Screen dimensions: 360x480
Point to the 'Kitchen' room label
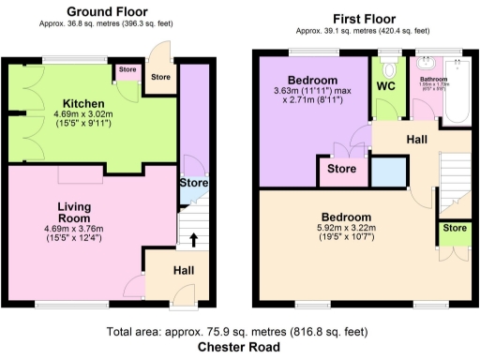(83, 103)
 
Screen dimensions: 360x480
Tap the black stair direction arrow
(194, 239)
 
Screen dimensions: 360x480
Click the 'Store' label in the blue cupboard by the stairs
(193, 182)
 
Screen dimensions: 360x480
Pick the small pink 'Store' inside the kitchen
(126, 68)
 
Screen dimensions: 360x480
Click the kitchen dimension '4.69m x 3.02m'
(83, 117)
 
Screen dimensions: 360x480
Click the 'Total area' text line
(238, 332)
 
